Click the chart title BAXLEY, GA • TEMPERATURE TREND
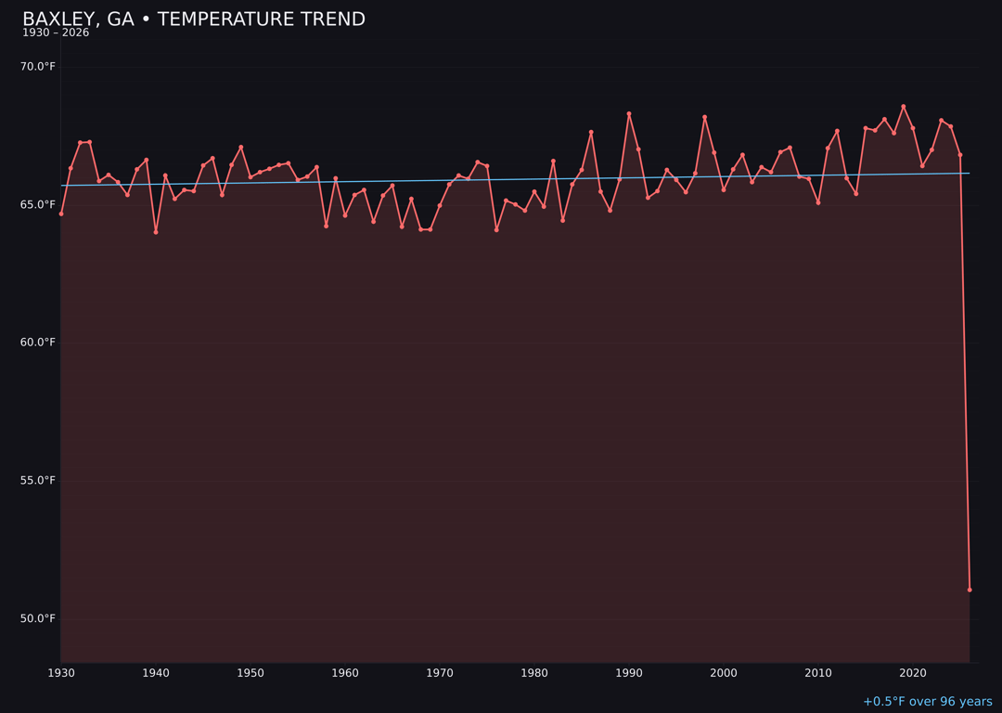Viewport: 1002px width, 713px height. (194, 19)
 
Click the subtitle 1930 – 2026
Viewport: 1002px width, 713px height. (56, 33)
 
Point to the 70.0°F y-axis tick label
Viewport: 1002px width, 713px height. (37, 67)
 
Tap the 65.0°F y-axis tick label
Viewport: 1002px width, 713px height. (37, 204)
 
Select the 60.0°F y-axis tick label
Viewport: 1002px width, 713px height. (37, 343)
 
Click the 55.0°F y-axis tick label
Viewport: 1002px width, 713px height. (37, 481)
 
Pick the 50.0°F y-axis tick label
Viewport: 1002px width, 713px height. (37, 618)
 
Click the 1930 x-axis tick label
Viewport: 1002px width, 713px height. (61, 673)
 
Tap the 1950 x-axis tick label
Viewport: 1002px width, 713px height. (250, 673)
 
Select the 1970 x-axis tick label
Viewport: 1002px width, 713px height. (440, 673)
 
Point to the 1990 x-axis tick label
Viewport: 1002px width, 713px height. (629, 673)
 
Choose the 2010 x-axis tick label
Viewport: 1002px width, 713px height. (818, 673)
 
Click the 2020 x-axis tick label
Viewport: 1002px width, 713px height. (913, 673)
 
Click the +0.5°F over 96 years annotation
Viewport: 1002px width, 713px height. (927, 702)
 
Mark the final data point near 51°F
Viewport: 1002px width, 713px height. (970, 590)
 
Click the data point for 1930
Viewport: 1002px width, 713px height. (61, 214)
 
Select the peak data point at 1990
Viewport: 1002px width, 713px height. (629, 114)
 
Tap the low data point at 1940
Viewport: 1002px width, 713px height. (156, 232)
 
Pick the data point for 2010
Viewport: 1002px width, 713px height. (818, 202)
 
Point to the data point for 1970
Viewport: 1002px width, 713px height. (440, 205)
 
